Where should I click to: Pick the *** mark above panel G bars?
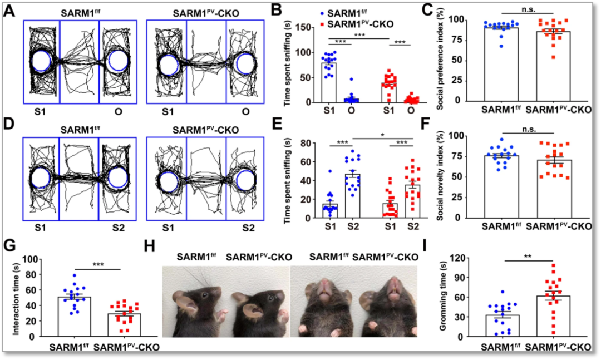click(x=98, y=265)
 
